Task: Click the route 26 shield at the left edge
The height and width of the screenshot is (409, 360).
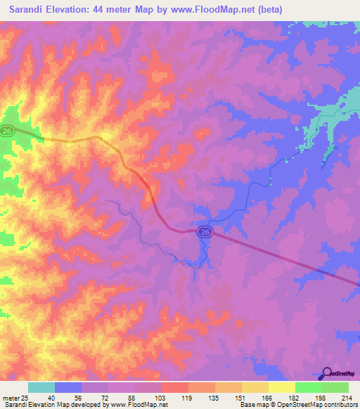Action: pos(7,131)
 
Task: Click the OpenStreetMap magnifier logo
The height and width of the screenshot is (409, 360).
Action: pos(327,373)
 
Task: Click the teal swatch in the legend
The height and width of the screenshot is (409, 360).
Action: pos(41,387)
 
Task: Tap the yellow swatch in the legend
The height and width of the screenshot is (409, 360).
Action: pos(281,387)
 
